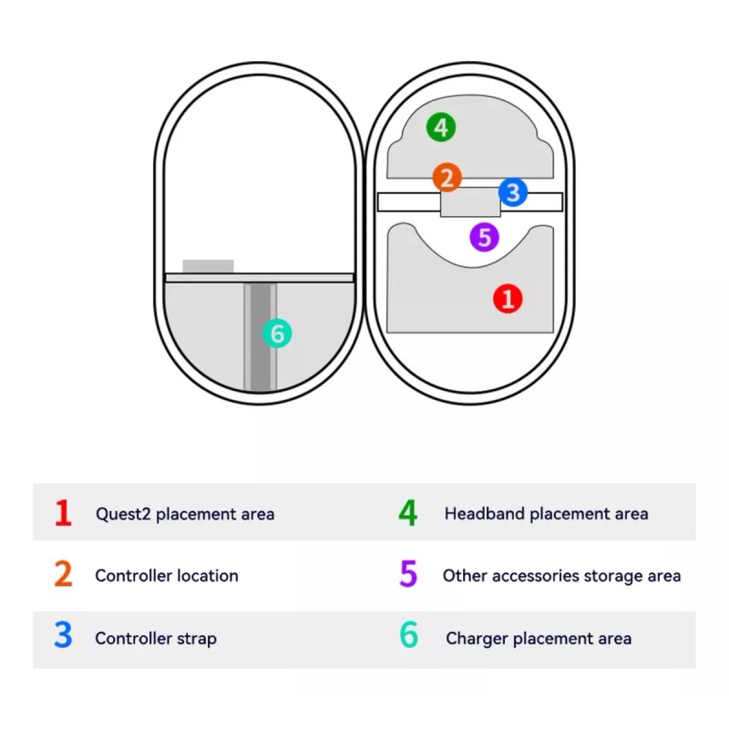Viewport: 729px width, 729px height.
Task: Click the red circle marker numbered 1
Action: coord(508,298)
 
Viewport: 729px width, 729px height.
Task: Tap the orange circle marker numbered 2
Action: coord(447,177)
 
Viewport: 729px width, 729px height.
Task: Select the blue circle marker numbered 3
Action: coord(513,192)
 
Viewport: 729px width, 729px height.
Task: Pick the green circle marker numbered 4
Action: coord(441,128)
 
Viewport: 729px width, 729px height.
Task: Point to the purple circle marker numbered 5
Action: coord(484,238)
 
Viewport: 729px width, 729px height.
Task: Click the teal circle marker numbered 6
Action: coord(277,334)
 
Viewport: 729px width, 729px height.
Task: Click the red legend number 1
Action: coord(63,513)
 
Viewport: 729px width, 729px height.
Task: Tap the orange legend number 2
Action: coord(63,575)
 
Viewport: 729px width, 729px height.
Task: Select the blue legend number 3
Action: coord(63,637)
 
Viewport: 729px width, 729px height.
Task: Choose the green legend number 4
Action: coord(408,513)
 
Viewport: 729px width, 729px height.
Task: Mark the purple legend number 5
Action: coord(408,575)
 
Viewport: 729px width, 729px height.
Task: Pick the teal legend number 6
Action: coord(408,637)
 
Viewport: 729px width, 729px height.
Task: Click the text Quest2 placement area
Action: coord(185,514)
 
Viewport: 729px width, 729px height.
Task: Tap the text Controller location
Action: coord(167,576)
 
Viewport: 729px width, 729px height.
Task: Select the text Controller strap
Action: coord(156,638)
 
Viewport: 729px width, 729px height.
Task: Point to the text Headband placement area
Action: coord(547,514)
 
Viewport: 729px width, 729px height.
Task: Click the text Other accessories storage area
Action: coord(561,576)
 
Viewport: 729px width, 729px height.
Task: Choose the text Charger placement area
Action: coord(539,638)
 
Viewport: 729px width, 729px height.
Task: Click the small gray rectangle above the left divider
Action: coord(208,266)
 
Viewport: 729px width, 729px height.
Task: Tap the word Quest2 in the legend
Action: coord(124,514)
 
